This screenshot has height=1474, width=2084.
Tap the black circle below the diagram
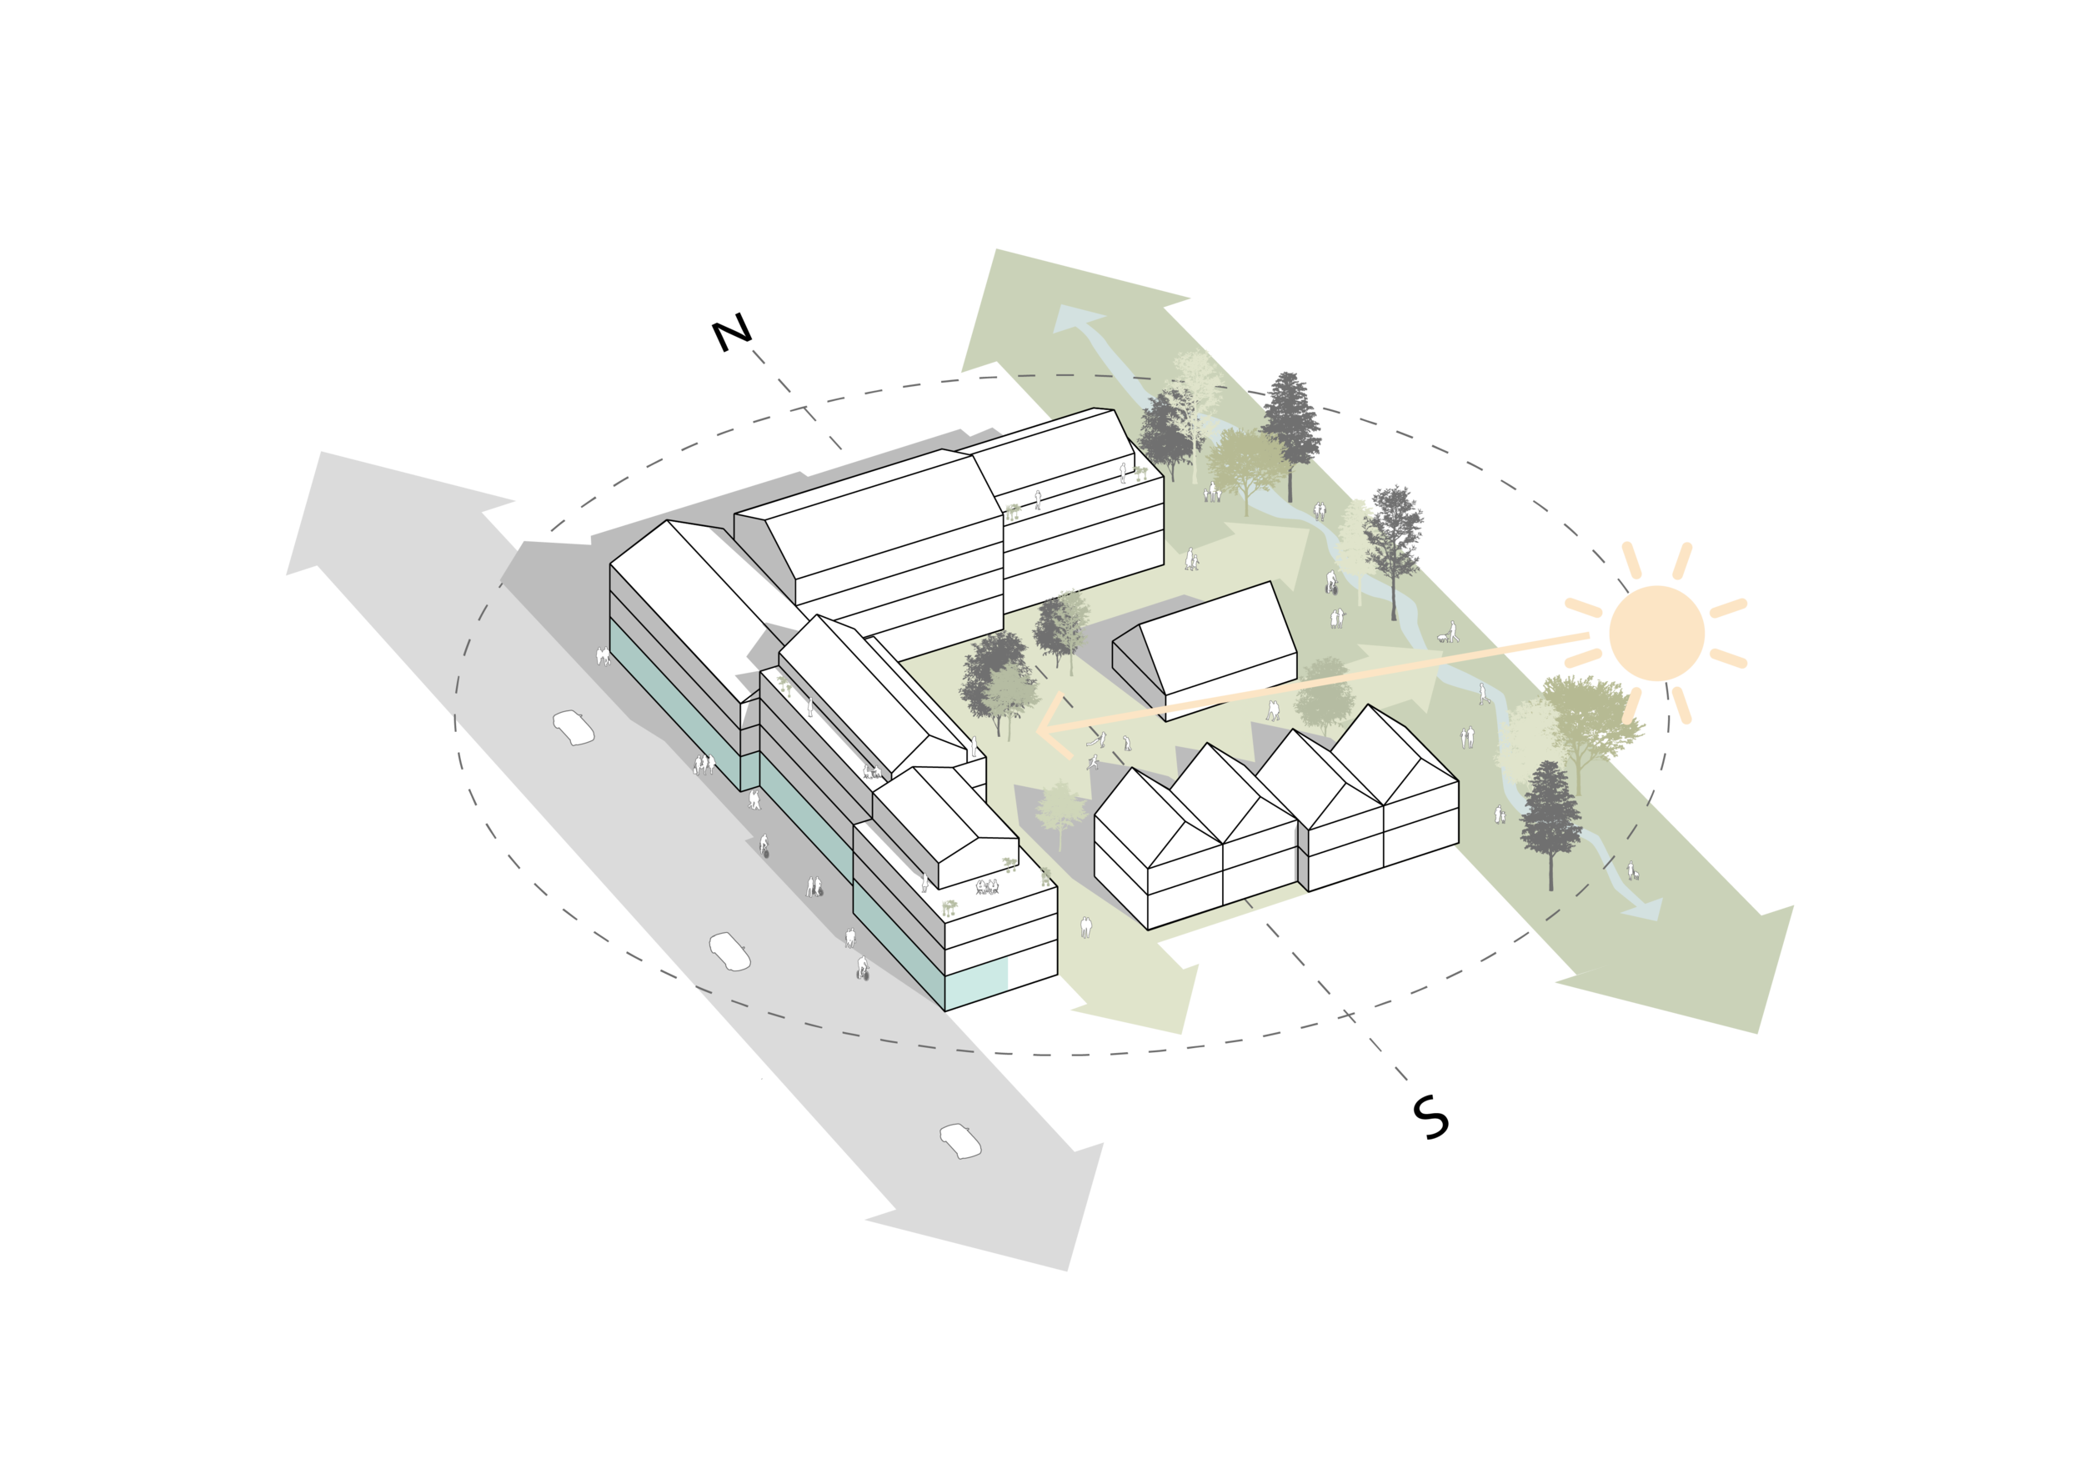tap(1440, 1124)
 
